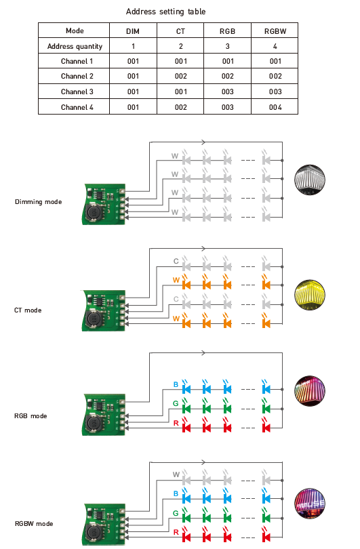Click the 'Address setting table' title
[165, 12]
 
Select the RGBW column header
[275, 31]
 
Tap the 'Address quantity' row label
[75, 46]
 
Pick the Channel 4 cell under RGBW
[275, 107]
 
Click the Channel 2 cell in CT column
[181, 76]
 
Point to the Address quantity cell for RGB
[228, 46]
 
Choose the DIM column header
[133, 31]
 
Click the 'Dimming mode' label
[38, 202]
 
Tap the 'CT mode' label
[28, 310]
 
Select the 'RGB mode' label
[31, 416]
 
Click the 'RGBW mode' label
[34, 524]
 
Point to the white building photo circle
[310, 180]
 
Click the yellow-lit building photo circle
[310, 295]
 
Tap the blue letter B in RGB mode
[176, 384]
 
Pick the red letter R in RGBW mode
[176, 532]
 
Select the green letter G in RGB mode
[176, 403]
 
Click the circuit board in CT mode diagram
[104, 310]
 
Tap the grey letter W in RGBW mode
[176, 474]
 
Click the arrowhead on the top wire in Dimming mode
[203, 142]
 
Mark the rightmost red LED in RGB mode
[266, 428]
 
